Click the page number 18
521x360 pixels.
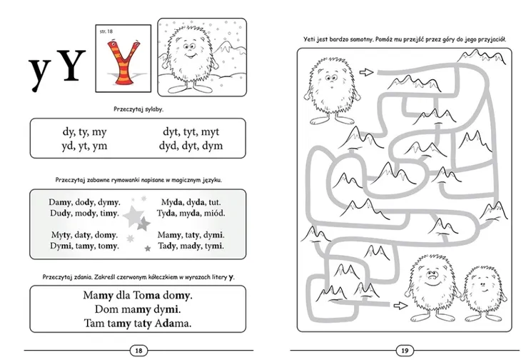pyautogui.click(x=138, y=351)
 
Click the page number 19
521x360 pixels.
pyautogui.click(x=405, y=351)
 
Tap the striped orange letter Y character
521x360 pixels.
pyautogui.click(x=123, y=62)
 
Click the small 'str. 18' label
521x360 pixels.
pyautogui.click(x=106, y=31)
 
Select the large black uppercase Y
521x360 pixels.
pyautogui.click(x=71, y=65)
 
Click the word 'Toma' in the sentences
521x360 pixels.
pyautogui.click(x=146, y=295)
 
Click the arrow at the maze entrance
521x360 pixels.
pyautogui.click(x=367, y=72)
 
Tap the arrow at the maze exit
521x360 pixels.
pyautogui.click(x=400, y=306)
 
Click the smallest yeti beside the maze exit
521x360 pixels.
pyautogui.click(x=483, y=293)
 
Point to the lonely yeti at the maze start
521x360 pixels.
pyautogui.click(x=332, y=90)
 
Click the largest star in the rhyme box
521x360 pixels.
pyautogui.click(x=133, y=216)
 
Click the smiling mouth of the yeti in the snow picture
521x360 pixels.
pyautogui.click(x=190, y=55)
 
